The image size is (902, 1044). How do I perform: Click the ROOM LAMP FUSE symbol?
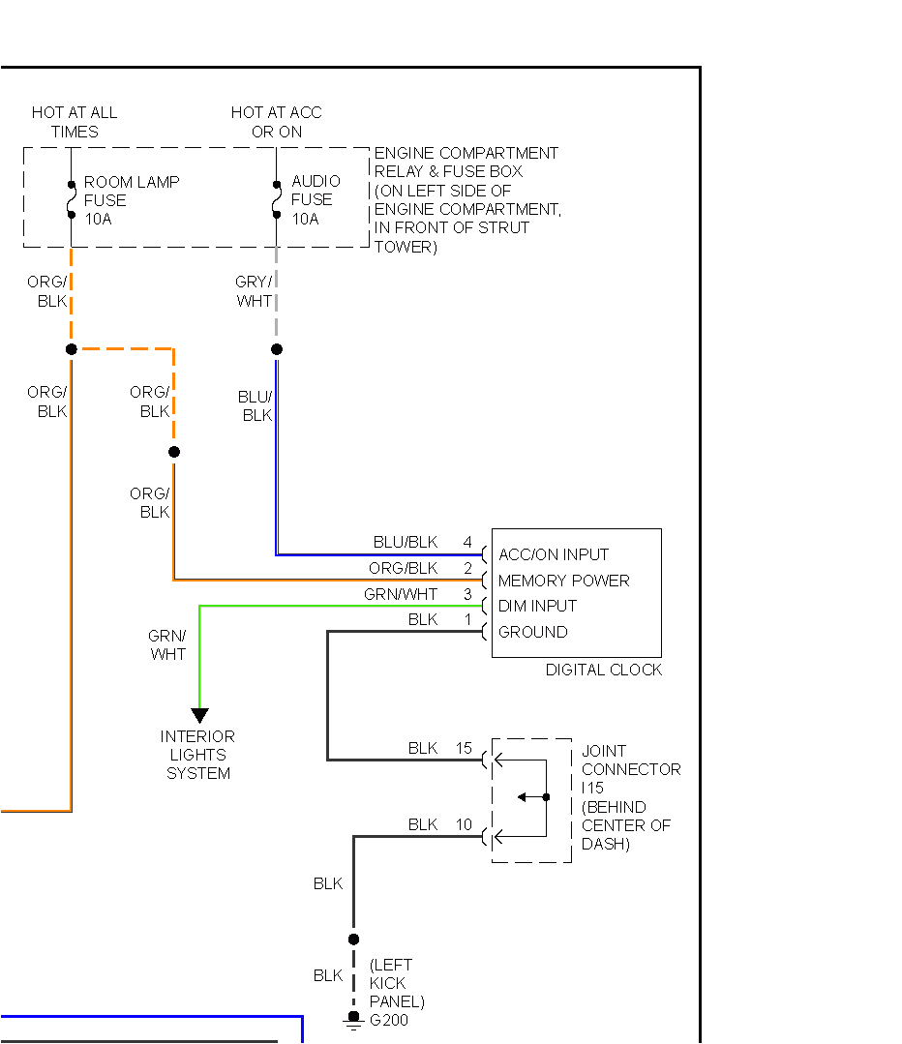coord(71,199)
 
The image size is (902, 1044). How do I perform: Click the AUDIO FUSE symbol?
coord(277,199)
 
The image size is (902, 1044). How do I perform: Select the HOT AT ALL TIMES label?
coord(75,122)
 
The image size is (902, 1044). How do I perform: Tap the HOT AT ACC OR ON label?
coord(276,122)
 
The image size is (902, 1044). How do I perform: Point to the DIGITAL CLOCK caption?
coord(603,670)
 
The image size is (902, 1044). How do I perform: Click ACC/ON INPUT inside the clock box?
coord(553,554)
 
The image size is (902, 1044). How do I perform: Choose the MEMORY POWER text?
coord(563,581)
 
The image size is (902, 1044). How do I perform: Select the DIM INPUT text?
coord(537,606)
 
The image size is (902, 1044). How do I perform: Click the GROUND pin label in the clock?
coord(532,632)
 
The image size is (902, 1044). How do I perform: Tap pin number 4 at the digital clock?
coord(467,542)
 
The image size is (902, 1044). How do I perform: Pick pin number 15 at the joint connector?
coord(465,748)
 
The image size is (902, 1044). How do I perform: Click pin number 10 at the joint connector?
coord(465,824)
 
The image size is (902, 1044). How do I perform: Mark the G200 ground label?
coord(389,1021)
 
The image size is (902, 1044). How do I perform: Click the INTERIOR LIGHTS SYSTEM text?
coord(197,755)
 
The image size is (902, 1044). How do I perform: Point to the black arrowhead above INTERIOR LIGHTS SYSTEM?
coord(199,715)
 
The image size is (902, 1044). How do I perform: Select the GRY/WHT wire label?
coord(254,291)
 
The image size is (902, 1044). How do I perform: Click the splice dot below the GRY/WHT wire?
coord(277,349)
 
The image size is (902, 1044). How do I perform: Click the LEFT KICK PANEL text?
coord(396,983)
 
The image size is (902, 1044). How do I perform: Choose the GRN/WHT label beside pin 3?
coord(401,594)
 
